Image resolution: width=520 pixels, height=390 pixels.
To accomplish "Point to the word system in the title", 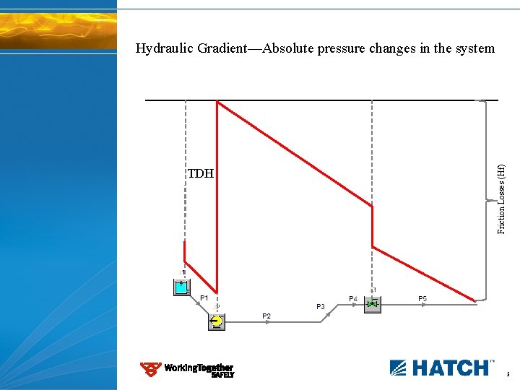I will tap(473, 49).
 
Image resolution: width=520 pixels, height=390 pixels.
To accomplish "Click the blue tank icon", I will tap(181, 287).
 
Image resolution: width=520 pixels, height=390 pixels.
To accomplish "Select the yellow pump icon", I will tap(217, 321).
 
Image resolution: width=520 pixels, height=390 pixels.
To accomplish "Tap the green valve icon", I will tap(372, 305).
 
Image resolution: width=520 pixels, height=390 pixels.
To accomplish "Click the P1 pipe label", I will tap(204, 298).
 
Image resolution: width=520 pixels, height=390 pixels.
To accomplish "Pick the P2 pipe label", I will tap(266, 316).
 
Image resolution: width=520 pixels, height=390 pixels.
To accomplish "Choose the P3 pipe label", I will tap(321, 307).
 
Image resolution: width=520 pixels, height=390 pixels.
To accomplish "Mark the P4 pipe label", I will tap(353, 298).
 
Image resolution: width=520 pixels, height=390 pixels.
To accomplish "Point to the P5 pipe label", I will tap(422, 298).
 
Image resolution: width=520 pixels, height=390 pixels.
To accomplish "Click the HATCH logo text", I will tap(448, 368).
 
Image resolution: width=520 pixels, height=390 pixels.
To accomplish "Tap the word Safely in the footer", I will tap(222, 376).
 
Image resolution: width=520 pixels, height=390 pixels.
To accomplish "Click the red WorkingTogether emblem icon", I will tap(150, 370).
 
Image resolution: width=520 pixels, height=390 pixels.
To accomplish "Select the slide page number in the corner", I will tap(508, 375).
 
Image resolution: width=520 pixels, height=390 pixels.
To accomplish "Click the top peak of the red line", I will tap(217, 102).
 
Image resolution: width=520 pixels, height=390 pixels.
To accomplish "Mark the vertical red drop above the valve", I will tap(372, 227).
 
